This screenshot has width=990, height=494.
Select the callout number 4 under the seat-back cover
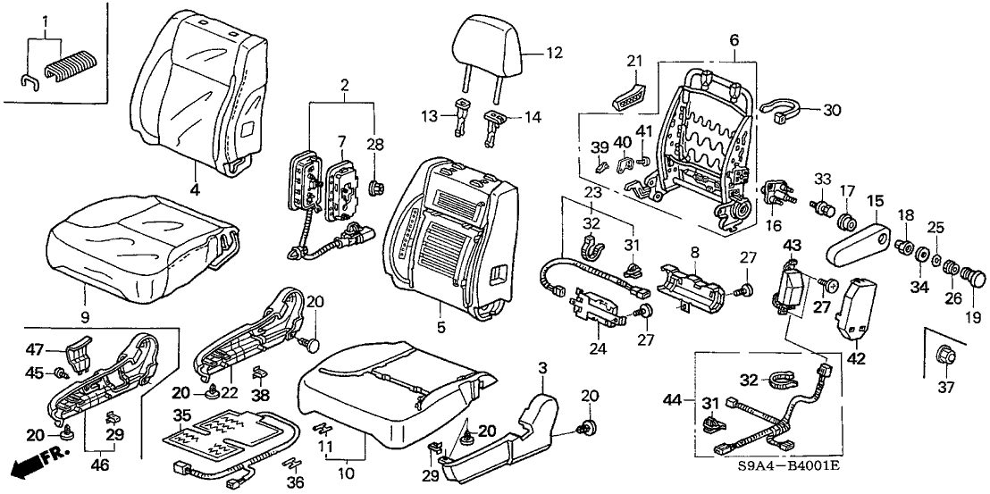pos(194,188)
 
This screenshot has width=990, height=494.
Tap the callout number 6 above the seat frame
pos(734,41)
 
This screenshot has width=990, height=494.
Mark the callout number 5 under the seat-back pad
pos(440,327)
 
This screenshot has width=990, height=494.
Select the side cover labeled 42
pos(857,307)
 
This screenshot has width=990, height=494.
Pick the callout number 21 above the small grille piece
pos(635,60)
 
